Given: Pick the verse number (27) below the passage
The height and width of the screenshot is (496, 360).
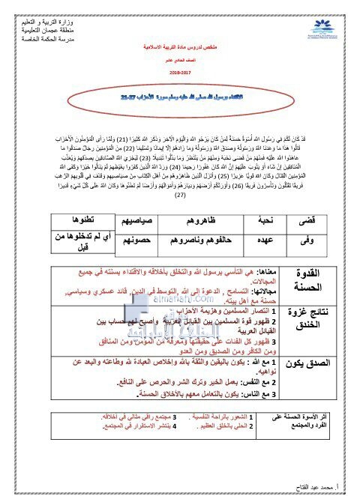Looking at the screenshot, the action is (x=180, y=174).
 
